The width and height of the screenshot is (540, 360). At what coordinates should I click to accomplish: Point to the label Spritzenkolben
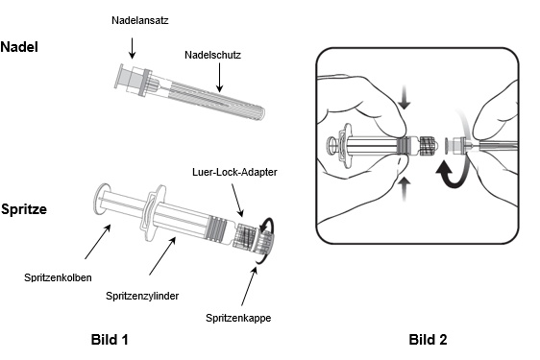tap(66, 276)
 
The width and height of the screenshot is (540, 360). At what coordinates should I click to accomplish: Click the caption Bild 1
tap(109, 339)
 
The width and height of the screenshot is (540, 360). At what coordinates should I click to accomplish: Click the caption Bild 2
tap(428, 339)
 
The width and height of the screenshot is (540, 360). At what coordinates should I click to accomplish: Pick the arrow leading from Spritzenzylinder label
tap(163, 255)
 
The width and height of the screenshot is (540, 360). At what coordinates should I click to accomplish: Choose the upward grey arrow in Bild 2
tap(405, 186)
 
